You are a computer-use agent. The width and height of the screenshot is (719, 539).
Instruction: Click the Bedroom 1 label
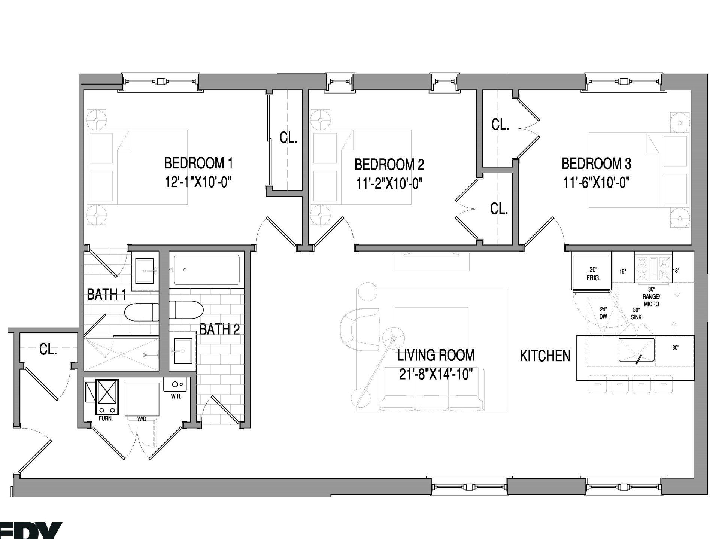(x=198, y=164)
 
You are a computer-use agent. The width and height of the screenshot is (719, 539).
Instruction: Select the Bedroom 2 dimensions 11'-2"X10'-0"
(x=389, y=184)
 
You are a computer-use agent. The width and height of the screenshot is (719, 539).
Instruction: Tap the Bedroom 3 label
(x=596, y=164)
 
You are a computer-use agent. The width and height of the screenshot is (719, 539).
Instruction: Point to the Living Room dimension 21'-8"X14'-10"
(x=436, y=374)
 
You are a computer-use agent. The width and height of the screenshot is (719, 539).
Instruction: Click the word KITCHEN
(x=545, y=356)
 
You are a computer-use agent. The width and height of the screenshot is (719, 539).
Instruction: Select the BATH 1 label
(x=106, y=295)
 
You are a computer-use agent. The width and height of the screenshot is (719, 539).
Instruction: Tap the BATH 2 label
(x=219, y=329)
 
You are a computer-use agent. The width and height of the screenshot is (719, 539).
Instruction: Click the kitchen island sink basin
(x=636, y=350)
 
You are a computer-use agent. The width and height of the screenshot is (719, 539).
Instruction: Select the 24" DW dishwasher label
(x=603, y=313)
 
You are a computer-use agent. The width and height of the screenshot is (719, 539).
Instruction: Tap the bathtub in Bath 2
(x=206, y=269)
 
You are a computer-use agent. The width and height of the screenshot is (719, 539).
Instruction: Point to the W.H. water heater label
(x=176, y=396)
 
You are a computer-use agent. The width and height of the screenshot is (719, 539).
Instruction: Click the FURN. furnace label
(x=106, y=418)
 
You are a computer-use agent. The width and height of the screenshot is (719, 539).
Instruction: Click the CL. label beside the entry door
(x=48, y=350)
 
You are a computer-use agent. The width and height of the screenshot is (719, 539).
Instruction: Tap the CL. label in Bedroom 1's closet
(x=288, y=138)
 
